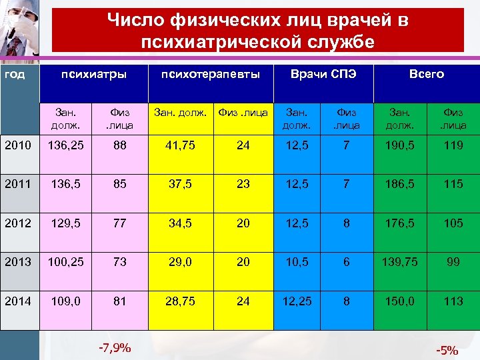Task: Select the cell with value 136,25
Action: point(65,145)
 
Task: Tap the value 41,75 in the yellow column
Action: point(181,145)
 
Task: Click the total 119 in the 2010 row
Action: point(453,145)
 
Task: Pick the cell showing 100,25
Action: point(65,262)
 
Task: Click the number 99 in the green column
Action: point(453,262)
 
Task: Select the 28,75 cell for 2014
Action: point(181,301)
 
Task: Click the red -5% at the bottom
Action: point(447,350)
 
